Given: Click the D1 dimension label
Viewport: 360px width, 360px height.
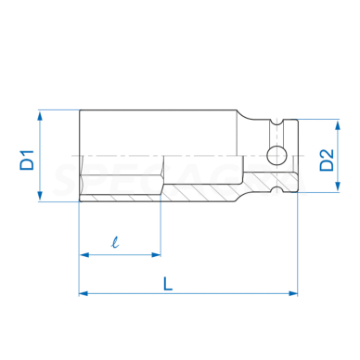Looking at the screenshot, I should point(27,155).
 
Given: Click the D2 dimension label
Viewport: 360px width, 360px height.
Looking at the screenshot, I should point(328,155).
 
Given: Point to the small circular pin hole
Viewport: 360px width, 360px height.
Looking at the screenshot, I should point(275,155).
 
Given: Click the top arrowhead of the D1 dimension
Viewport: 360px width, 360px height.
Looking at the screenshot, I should point(41,114).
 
